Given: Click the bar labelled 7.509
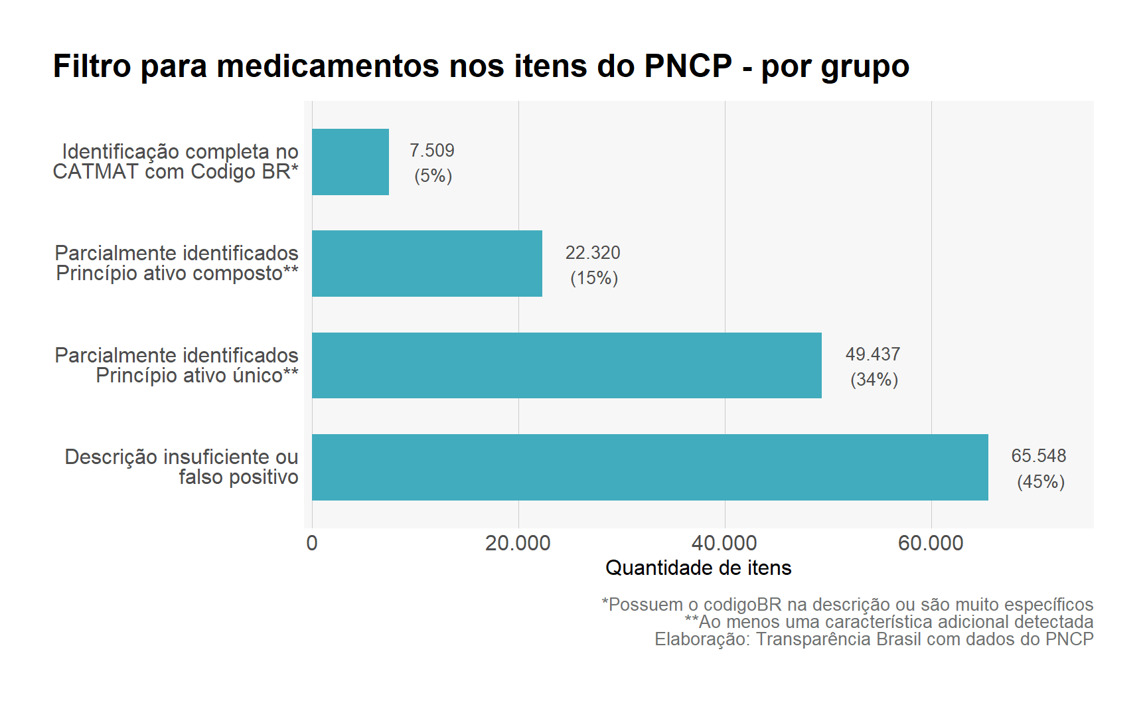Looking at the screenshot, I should point(350,162).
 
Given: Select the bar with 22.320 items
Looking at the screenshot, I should point(427,264).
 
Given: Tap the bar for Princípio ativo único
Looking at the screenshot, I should point(566,365).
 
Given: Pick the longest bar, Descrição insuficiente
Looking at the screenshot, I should point(649,467).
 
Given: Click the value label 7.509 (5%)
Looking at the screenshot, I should point(432,163).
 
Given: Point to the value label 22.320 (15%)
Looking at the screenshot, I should point(593,265).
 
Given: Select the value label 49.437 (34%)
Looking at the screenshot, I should point(873,366).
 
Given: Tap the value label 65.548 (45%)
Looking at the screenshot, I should point(1039,468).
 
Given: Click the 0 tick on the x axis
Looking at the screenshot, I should point(312,543).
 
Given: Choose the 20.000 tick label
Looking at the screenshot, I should point(518,543).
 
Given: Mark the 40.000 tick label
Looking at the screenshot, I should point(724,543).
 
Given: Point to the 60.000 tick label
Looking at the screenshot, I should point(931,543).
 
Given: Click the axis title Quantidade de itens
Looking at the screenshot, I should point(698,568).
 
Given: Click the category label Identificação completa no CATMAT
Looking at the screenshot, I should point(176,161).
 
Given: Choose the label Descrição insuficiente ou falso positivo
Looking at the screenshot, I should point(182,467).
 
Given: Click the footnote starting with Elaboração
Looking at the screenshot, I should point(874,639).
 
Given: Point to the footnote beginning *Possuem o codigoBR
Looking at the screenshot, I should point(847,604).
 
